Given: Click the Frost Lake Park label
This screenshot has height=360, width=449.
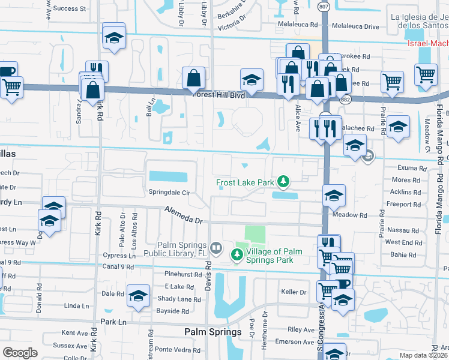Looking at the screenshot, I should (244, 182).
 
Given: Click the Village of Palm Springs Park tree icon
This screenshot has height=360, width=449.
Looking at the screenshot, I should (237, 255).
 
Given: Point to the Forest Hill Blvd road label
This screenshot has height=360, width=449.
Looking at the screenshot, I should (218, 95).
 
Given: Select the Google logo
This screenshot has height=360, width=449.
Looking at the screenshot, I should (19, 353).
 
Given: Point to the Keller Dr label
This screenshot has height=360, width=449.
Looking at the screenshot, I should (294, 292).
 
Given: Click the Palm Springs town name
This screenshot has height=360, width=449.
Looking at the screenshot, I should (212, 332).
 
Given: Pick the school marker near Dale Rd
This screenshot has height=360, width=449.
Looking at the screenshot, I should (138, 296).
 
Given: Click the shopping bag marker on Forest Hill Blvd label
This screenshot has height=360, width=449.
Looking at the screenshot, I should (194, 78).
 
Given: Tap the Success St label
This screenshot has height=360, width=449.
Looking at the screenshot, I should (70, 9).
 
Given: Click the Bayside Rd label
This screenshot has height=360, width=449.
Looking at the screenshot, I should (173, 311).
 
